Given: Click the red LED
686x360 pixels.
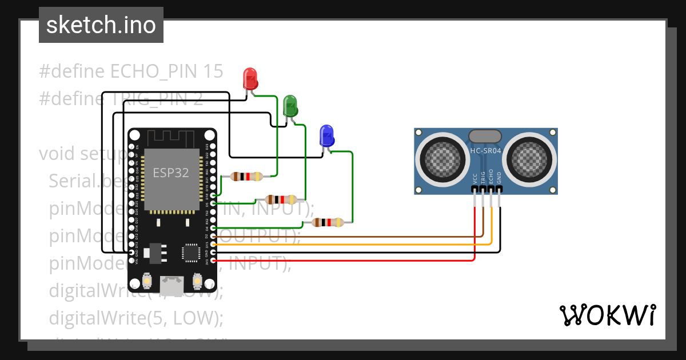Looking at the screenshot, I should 250,78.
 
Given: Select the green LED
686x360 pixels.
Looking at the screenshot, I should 290,106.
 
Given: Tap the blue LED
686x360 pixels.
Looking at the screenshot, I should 326,135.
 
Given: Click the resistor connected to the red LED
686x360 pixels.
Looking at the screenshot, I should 246,177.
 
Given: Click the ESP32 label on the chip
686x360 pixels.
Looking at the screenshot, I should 170,173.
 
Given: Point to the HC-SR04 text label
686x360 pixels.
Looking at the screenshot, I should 485,151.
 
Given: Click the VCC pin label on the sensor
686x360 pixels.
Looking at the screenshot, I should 474,179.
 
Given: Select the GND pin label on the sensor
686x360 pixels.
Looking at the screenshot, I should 499,178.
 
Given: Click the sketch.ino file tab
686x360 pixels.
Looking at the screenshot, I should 101,25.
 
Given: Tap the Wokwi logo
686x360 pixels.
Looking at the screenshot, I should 607,315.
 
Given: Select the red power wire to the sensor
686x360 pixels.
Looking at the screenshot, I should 343,261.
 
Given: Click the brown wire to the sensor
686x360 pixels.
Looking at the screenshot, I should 343,235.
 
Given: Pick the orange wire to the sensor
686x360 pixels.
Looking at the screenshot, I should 343,244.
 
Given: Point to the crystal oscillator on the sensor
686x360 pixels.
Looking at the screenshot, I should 485,136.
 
